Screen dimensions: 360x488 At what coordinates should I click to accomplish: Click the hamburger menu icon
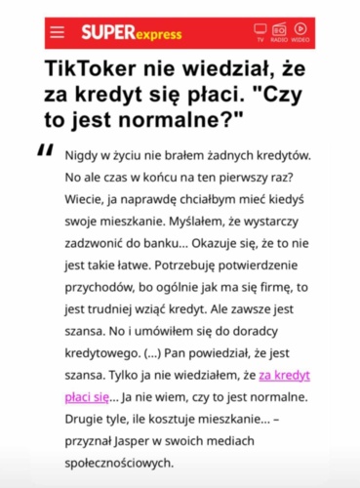[x=58, y=32]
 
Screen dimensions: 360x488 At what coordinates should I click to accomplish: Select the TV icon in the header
[x=260, y=31]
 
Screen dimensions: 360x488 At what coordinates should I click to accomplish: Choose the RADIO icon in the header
[x=279, y=31]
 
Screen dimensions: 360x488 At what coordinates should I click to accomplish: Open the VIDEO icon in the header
[x=300, y=31]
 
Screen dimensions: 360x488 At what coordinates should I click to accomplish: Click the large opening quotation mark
[x=45, y=151]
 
